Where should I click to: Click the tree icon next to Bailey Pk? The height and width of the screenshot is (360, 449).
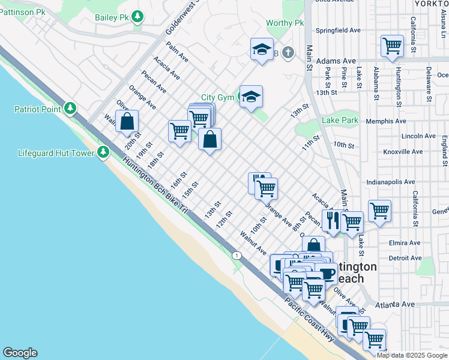pyautogui.click(x=138, y=17)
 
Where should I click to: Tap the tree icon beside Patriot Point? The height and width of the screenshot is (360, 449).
pyautogui.click(x=71, y=109)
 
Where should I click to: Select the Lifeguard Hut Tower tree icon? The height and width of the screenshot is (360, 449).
pyautogui.click(x=103, y=153)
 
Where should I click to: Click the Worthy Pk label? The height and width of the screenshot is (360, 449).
pyautogui.click(x=285, y=23)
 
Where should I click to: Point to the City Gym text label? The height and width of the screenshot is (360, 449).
pyautogui.click(x=217, y=97)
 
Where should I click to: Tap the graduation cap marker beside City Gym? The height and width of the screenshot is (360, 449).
pyautogui.click(x=250, y=96)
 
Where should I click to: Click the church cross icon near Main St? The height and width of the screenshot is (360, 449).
pyautogui.click(x=288, y=53)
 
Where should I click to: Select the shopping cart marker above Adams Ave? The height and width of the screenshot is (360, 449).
pyautogui.click(x=392, y=45)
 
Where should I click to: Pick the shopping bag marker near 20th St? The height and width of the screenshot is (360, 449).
pyautogui.click(x=127, y=121)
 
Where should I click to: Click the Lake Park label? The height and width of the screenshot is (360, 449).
pyautogui.click(x=340, y=121)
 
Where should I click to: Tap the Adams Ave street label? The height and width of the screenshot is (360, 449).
pyautogui.click(x=336, y=61)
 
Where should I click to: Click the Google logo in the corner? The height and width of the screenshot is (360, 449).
pyautogui.click(x=20, y=353)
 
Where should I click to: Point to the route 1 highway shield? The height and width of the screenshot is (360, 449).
pyautogui.click(x=237, y=256)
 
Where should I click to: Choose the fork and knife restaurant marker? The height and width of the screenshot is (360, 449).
pyautogui.click(x=331, y=220)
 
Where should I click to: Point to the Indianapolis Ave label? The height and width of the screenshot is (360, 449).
pyautogui.click(x=391, y=182)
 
